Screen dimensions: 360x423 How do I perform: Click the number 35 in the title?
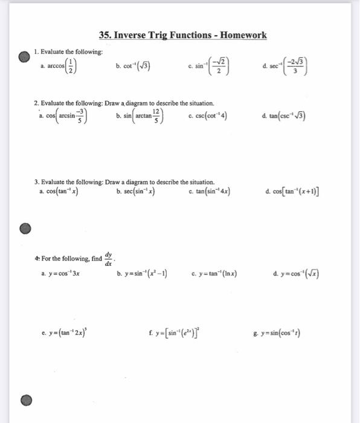[104, 35]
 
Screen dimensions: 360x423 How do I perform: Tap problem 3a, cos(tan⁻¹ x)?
[58, 192]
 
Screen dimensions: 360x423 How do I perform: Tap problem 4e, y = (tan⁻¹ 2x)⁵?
[62, 331]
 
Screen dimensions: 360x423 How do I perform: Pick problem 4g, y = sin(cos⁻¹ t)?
[284, 331]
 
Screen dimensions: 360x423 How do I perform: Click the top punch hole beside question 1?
[23, 56]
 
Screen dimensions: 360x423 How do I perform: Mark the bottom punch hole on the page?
[24, 401]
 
